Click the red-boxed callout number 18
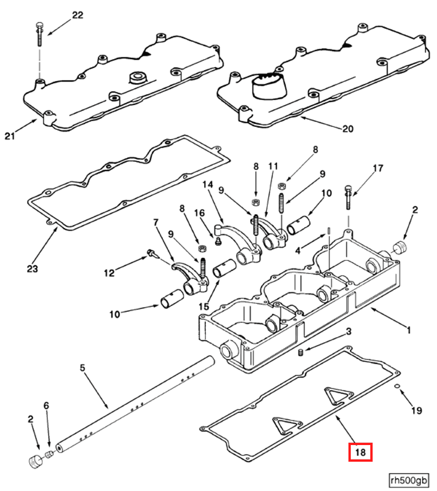click(x=361, y=452)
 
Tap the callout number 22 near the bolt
click(x=78, y=15)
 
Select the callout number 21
click(x=10, y=136)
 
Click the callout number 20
click(x=348, y=129)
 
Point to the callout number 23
click(x=32, y=268)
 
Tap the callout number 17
click(x=378, y=168)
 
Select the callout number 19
click(x=417, y=410)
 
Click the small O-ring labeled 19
click(x=397, y=385)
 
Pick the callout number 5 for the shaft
click(x=82, y=368)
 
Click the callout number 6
click(x=47, y=405)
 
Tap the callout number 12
click(x=109, y=273)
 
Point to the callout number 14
click(x=208, y=184)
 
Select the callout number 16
click(x=200, y=213)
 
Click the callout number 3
click(x=348, y=331)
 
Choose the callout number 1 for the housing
click(x=409, y=330)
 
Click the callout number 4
click(x=298, y=250)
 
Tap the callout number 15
click(x=204, y=306)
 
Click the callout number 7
click(x=156, y=223)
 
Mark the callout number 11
click(x=273, y=166)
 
